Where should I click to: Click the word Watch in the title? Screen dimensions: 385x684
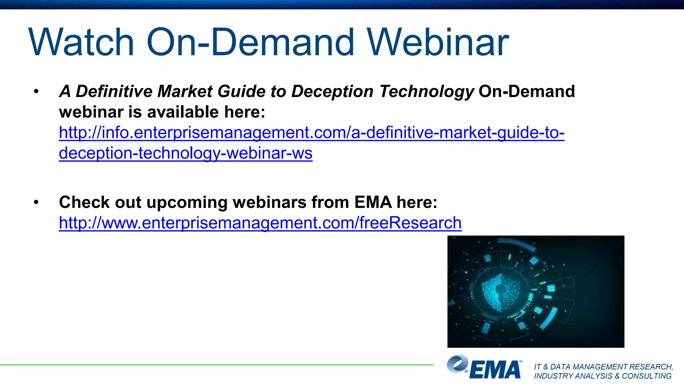[x=82, y=42]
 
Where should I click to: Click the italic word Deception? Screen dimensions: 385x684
[x=332, y=92]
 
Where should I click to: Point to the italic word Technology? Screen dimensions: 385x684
[x=426, y=92]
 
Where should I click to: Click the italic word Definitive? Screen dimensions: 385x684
[x=114, y=91]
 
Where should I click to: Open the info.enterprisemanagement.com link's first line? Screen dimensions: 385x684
[x=311, y=133]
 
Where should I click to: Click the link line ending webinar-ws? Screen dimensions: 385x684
[x=186, y=153]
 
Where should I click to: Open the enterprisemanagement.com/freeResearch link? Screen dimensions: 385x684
[x=260, y=223]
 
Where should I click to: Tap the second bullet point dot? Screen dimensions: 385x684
[x=36, y=202]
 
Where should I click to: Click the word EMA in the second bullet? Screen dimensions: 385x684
[x=373, y=202]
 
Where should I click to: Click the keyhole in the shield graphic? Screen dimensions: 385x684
[x=500, y=289]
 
